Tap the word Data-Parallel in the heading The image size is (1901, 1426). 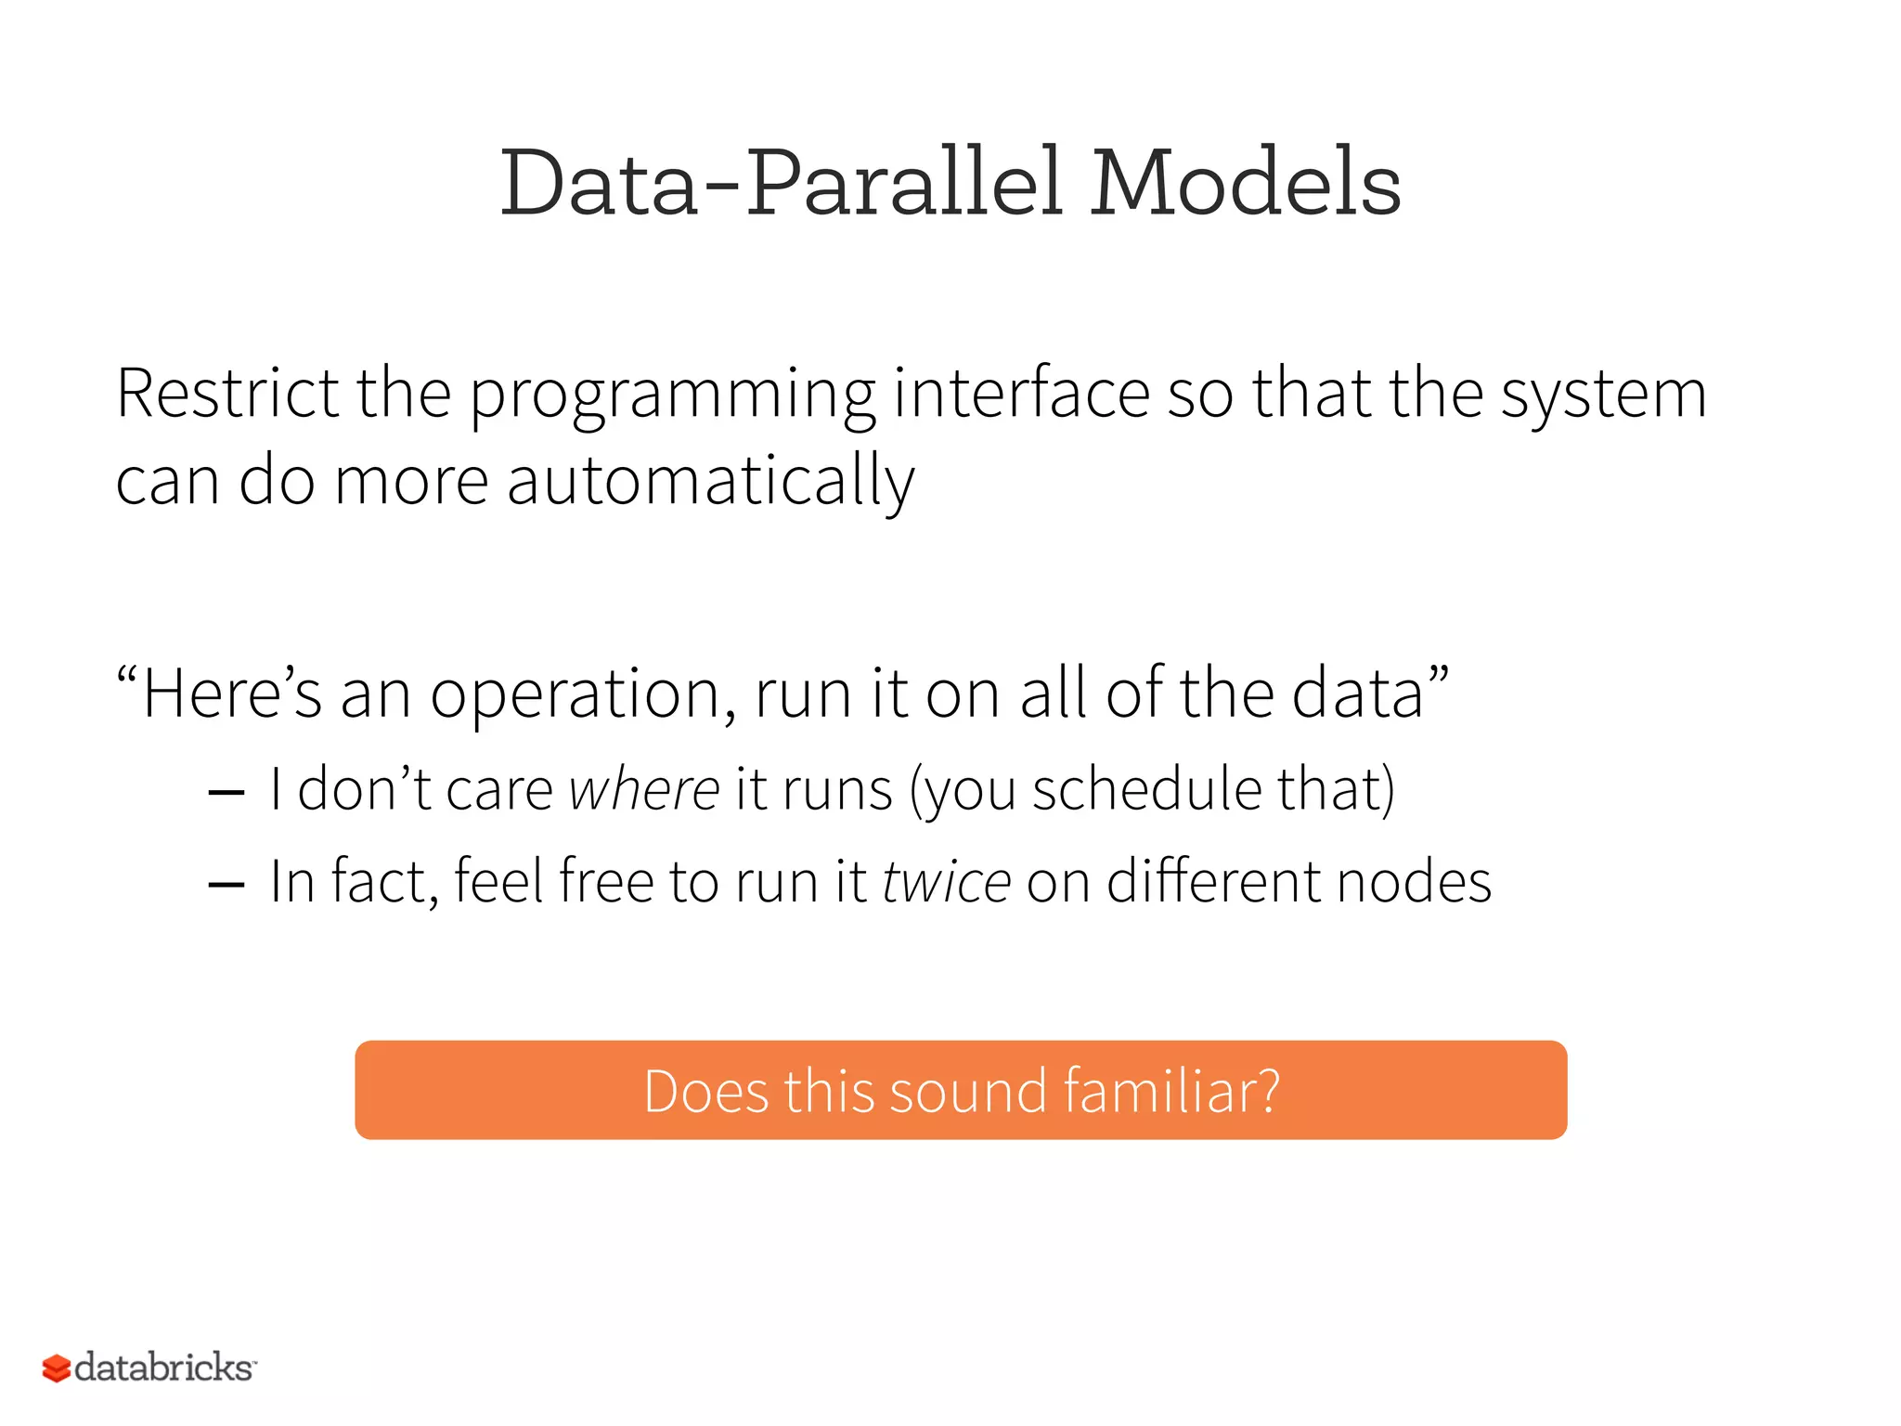pos(780,184)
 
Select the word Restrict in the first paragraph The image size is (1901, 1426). pos(227,394)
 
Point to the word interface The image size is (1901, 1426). pos(1021,394)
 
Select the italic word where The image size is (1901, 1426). pos(644,790)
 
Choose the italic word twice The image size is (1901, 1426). pos(946,882)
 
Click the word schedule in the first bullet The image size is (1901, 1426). pos(1146,790)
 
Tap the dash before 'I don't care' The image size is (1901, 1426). pos(226,793)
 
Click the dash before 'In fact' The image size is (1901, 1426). pos(226,885)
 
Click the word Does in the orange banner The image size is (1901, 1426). pos(705,1091)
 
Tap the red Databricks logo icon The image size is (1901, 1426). pos(57,1368)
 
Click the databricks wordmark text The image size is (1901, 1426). pos(164,1368)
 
